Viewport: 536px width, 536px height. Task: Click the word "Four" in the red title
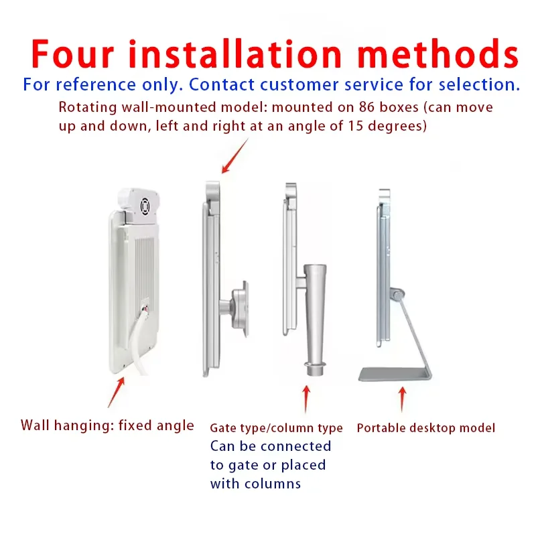[x=72, y=54]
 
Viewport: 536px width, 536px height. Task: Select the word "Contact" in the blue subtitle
[x=222, y=84]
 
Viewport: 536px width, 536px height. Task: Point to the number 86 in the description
[x=366, y=107]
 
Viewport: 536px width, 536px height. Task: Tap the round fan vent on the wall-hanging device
[x=145, y=207]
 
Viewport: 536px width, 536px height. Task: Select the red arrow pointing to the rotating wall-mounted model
[x=235, y=155]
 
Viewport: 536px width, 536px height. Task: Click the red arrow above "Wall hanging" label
[x=116, y=393]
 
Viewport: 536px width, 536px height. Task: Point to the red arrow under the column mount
[x=306, y=399]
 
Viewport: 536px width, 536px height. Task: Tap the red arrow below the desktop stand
[x=403, y=399]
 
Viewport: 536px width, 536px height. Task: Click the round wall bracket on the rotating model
[x=240, y=309]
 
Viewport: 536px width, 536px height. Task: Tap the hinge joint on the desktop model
[x=397, y=295]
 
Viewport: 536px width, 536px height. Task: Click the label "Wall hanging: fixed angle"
[x=107, y=426]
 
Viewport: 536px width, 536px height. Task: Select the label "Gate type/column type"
[x=276, y=428]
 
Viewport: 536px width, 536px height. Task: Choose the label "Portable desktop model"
[x=426, y=428]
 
